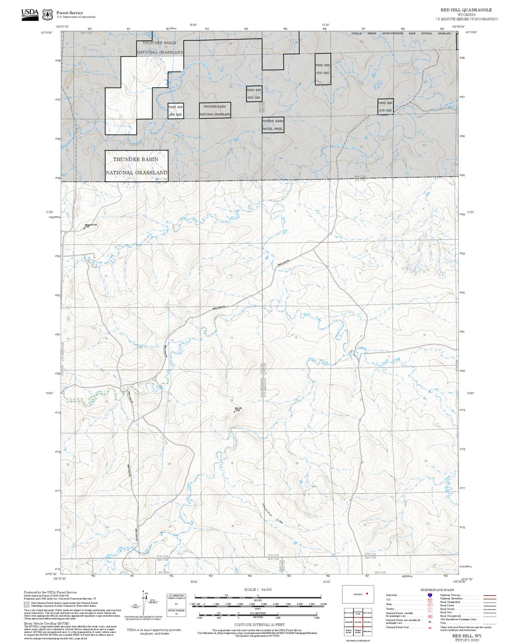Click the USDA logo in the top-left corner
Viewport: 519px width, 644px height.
[x=30, y=15]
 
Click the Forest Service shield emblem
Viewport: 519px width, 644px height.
[x=47, y=15]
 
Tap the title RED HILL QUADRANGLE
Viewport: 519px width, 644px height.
[x=466, y=10]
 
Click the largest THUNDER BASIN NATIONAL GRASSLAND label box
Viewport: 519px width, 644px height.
[x=136, y=166]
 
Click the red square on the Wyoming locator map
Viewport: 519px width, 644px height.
[x=367, y=594]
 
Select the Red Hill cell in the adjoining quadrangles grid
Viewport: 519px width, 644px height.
[x=358, y=622]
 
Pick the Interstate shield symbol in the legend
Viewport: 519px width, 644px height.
[x=430, y=595]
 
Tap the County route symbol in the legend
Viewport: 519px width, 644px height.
[x=430, y=610]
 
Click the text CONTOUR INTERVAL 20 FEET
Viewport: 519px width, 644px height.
[x=259, y=625]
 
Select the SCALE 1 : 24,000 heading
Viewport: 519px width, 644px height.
[x=258, y=589]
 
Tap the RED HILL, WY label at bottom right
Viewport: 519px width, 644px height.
[x=467, y=636]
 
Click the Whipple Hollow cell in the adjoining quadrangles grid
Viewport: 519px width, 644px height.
[x=358, y=631]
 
